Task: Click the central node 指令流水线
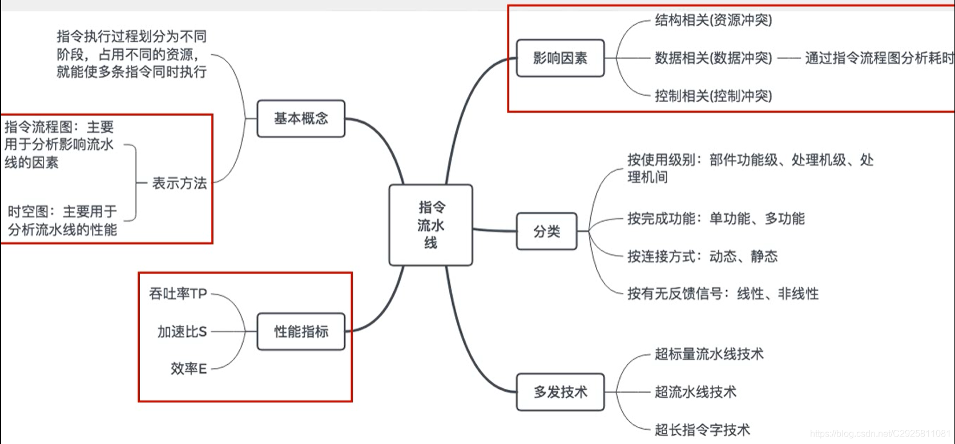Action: [x=430, y=225]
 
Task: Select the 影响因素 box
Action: [x=559, y=58]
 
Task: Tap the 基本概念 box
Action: [x=301, y=119]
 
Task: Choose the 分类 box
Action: [x=546, y=231]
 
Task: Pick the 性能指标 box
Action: [x=301, y=331]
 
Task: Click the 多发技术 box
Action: [x=559, y=392]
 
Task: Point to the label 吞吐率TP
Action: [x=178, y=294]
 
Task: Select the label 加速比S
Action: [x=182, y=331]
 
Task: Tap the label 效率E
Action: [x=188, y=369]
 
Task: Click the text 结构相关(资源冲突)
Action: [x=713, y=21]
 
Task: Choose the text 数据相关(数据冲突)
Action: [x=713, y=58]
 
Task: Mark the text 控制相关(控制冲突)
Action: [x=713, y=96]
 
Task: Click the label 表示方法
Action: [x=179, y=183]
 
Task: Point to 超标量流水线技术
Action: [x=709, y=354]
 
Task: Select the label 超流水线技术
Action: [x=695, y=392]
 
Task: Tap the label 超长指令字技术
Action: [x=702, y=430]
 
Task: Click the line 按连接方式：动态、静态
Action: [x=702, y=256]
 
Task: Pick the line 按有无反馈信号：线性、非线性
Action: [x=723, y=294]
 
